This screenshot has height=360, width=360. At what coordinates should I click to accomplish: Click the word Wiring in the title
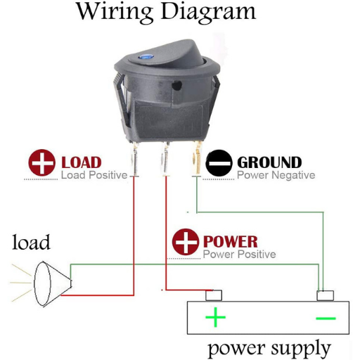[115, 12]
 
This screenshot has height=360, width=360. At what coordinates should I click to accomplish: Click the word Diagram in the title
[208, 12]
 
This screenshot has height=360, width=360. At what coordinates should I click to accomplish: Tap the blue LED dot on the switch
[146, 56]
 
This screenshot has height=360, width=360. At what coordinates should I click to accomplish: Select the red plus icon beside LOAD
[42, 162]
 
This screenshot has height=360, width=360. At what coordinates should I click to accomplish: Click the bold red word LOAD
[82, 162]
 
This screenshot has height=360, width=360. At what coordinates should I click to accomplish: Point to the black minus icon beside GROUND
[219, 163]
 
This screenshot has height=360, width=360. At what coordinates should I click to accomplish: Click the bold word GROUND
[269, 162]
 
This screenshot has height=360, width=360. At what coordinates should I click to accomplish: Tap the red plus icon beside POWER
[186, 242]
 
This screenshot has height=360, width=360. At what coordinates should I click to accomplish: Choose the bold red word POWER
[231, 241]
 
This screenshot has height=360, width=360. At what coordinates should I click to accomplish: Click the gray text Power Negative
[276, 175]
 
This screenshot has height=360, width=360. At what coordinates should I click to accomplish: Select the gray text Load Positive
[94, 175]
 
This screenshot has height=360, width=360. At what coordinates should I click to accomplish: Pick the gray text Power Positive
[239, 255]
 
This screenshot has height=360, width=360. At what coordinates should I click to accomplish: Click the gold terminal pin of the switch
[196, 158]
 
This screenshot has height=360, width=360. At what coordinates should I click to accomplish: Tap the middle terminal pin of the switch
[165, 159]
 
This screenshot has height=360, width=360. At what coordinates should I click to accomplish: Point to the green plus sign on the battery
[215, 318]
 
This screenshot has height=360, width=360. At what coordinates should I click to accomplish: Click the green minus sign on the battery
[326, 319]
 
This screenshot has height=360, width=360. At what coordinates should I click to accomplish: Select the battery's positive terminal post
[214, 295]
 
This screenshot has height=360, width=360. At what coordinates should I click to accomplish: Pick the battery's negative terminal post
[325, 296]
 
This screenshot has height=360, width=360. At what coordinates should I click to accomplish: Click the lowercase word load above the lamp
[31, 242]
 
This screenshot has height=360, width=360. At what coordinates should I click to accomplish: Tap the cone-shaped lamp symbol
[53, 283]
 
